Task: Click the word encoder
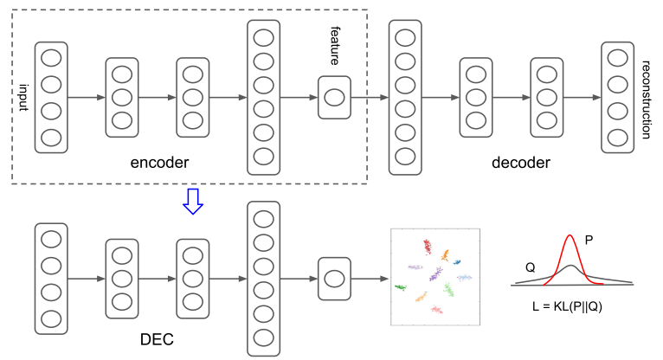click(x=159, y=162)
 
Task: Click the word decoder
click(x=521, y=162)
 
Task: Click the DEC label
click(x=157, y=338)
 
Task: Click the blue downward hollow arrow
click(x=193, y=201)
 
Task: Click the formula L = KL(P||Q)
click(x=568, y=305)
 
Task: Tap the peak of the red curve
click(x=570, y=236)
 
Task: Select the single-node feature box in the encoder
click(x=334, y=97)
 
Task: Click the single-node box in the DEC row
click(x=334, y=279)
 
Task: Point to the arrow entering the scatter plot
click(x=370, y=279)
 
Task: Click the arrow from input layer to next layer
click(x=87, y=97)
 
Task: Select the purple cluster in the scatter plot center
click(x=436, y=276)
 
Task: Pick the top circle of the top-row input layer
click(x=51, y=58)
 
